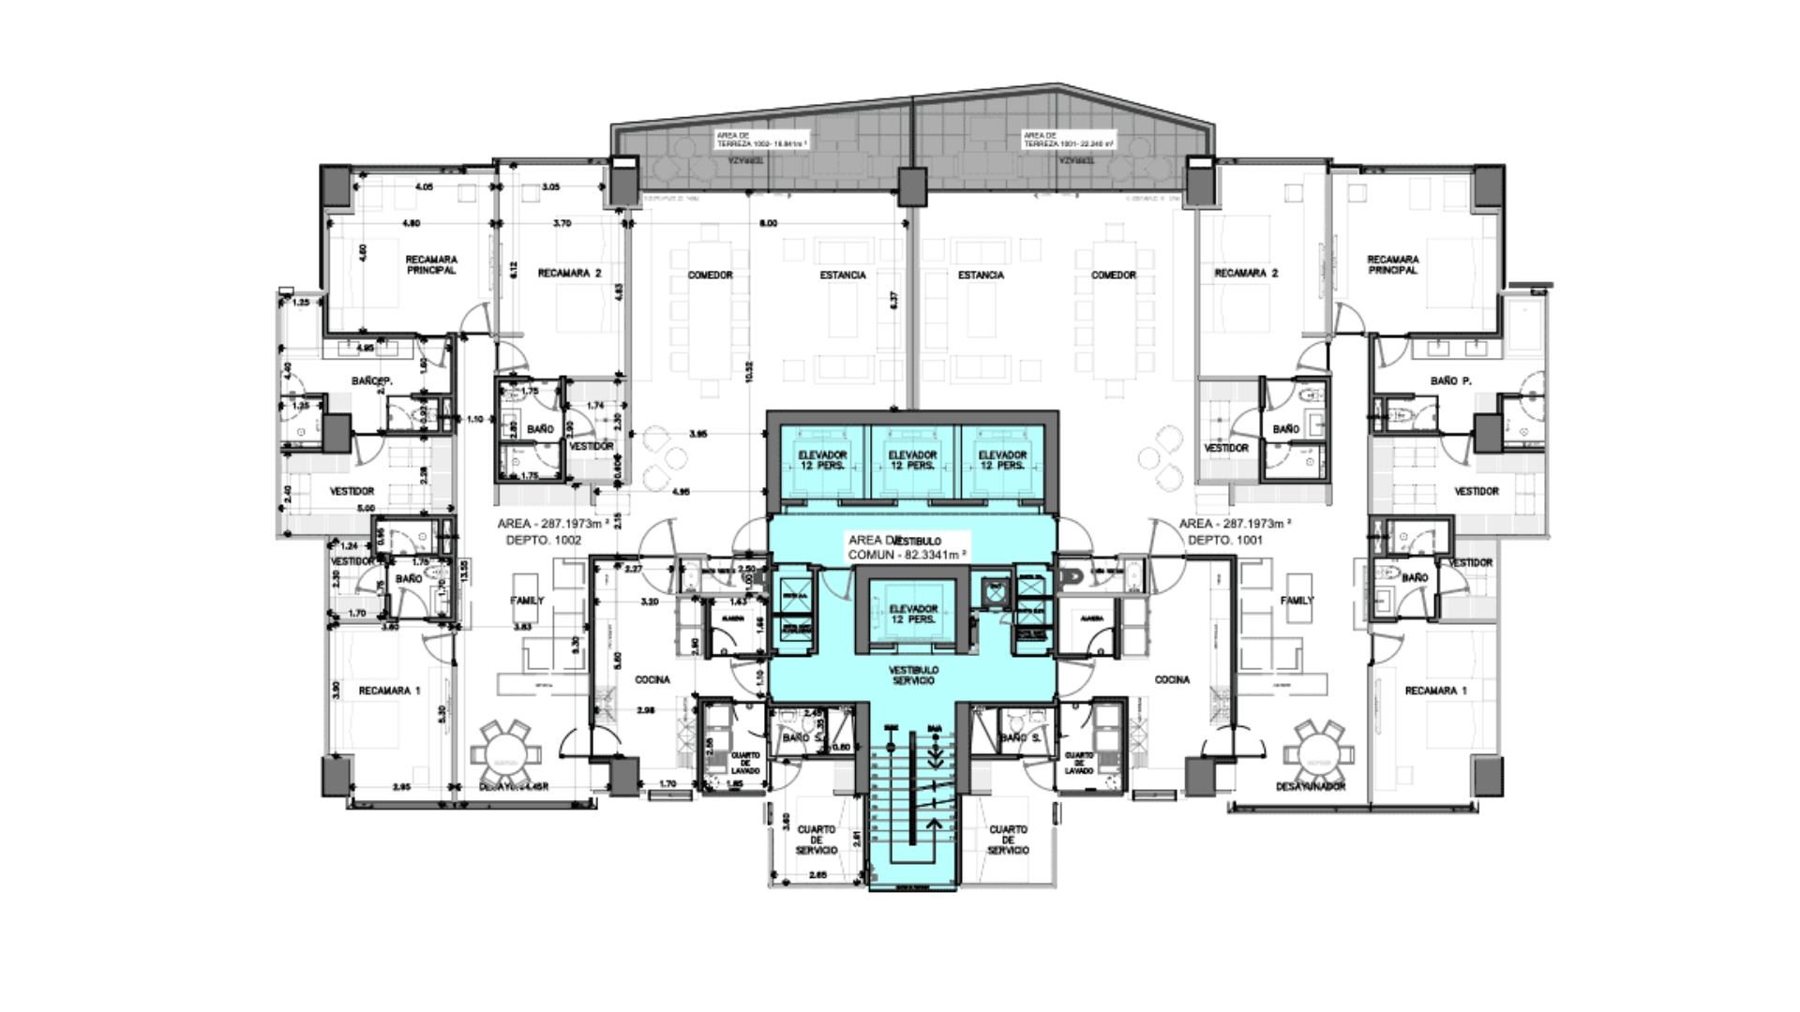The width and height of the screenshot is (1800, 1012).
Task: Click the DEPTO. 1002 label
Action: pyautogui.click(x=543, y=541)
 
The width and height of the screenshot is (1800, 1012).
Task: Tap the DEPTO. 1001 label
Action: pyautogui.click(x=1224, y=541)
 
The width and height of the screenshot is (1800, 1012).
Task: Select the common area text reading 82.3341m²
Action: pyautogui.click(x=907, y=555)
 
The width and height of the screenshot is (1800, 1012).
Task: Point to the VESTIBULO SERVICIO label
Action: pyautogui.click(x=913, y=676)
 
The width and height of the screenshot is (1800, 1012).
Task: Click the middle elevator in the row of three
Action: pyautogui.click(x=912, y=460)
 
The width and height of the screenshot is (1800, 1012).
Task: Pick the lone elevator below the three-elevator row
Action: pyautogui.click(x=912, y=615)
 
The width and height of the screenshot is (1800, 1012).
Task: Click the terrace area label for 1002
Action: pyautogui.click(x=761, y=140)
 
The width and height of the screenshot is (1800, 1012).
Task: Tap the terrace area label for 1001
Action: pyautogui.click(x=1069, y=140)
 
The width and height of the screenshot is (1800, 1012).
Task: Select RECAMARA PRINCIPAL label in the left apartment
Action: pyautogui.click(x=431, y=265)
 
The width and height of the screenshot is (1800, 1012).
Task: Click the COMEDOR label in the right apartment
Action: pyautogui.click(x=1114, y=275)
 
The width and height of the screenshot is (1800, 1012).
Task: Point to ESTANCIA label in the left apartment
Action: pyautogui.click(x=843, y=275)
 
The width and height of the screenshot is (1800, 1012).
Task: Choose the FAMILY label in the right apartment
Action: pyautogui.click(x=1297, y=601)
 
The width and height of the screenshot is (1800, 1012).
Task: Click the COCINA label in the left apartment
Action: pyautogui.click(x=652, y=680)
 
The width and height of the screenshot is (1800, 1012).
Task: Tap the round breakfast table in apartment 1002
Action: pyautogui.click(x=505, y=750)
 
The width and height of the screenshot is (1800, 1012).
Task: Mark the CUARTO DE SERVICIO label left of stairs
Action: pyautogui.click(x=816, y=840)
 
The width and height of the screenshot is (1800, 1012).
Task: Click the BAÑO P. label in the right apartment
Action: pyautogui.click(x=1450, y=381)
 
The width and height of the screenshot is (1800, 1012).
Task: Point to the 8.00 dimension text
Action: pyautogui.click(x=768, y=224)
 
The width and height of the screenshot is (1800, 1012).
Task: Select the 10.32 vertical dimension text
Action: pyautogui.click(x=749, y=373)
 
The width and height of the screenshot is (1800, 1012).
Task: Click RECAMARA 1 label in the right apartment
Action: pyautogui.click(x=1435, y=692)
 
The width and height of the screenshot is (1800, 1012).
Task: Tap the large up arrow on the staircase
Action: pyautogui.click(x=934, y=824)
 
